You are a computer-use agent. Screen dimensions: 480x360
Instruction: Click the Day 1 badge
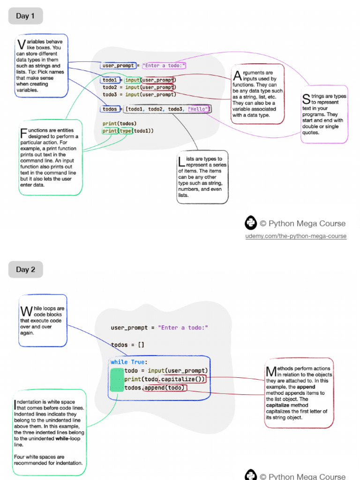(x=25, y=16)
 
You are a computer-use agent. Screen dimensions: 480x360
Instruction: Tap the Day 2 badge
(x=25, y=270)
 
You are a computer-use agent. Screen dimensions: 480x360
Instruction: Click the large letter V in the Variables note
(x=21, y=45)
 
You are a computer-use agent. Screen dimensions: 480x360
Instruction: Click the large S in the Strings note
(x=306, y=98)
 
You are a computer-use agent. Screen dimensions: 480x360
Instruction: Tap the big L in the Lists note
(x=181, y=162)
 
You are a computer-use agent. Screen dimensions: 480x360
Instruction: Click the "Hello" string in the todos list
(x=199, y=109)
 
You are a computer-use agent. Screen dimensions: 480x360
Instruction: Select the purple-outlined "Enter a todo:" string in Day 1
(x=164, y=66)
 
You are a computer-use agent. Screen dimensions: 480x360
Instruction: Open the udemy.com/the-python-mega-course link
(x=296, y=236)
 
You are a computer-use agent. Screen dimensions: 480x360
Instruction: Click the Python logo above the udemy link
(x=251, y=223)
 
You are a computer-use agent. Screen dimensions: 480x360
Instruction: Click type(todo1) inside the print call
(x=135, y=131)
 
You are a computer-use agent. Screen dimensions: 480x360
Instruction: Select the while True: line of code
(x=129, y=362)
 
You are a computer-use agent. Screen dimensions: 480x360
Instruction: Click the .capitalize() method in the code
(x=182, y=379)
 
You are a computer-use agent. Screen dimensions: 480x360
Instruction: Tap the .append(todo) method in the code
(x=164, y=388)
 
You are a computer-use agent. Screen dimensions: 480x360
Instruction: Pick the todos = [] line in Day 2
(x=128, y=345)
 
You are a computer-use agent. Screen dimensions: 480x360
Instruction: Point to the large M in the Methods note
(x=271, y=372)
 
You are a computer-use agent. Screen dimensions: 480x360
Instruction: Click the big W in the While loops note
(x=26, y=311)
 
